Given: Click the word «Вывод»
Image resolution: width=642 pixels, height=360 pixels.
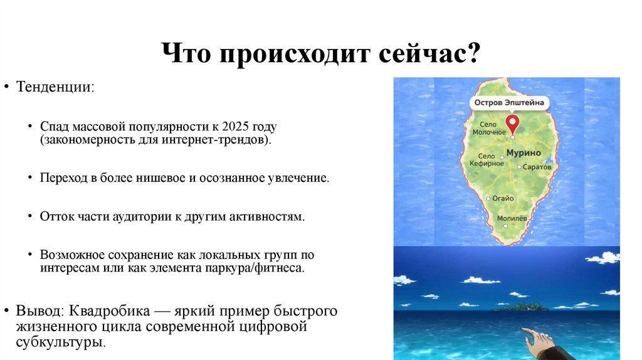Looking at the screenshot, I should (39, 311).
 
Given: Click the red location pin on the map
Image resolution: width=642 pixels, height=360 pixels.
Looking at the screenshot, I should (512, 122).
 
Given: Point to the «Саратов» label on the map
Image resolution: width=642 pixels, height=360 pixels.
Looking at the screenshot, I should (538, 167).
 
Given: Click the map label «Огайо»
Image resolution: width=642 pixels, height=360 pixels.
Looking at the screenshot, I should (503, 198).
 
